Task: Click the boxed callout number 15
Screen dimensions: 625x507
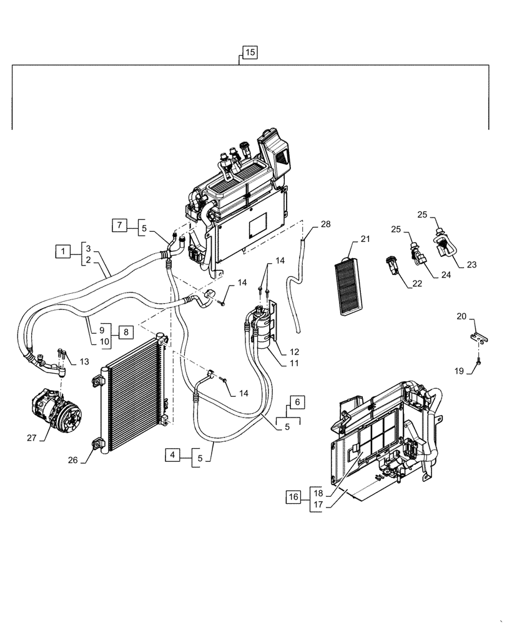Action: pyautogui.click(x=249, y=52)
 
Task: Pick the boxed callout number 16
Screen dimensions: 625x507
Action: pyautogui.click(x=293, y=497)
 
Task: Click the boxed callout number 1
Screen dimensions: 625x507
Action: pyautogui.click(x=63, y=252)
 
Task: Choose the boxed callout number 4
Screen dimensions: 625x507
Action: pyautogui.click(x=173, y=455)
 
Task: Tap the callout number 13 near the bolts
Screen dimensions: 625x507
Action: pyautogui.click(x=84, y=361)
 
